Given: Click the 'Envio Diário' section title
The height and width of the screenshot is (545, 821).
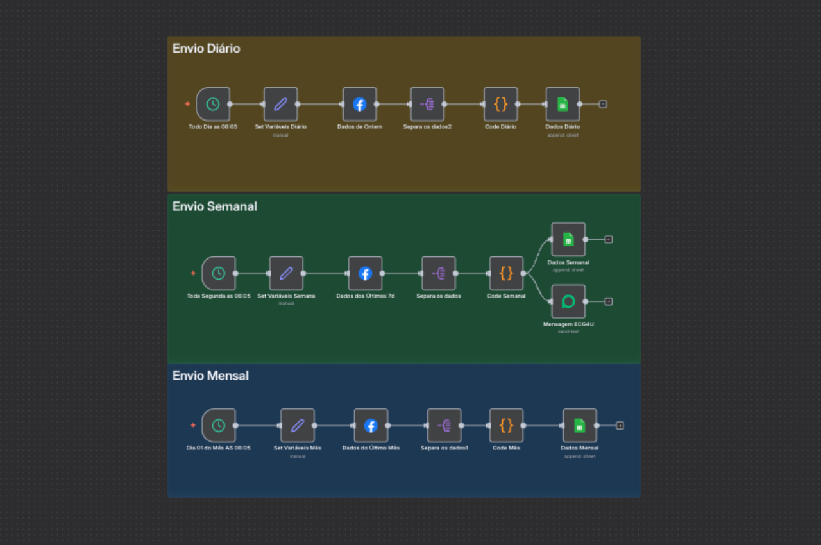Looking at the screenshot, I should pos(206,48).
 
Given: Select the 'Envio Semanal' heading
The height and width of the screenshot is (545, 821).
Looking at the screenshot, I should pos(214,206).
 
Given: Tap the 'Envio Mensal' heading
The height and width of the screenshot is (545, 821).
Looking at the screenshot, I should pos(210,376).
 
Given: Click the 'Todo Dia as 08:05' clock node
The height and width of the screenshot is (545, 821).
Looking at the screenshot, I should pos(213,104).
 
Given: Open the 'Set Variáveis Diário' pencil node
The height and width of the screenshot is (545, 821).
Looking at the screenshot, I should pos(281,104).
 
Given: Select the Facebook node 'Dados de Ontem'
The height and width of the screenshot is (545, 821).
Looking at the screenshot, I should pos(359,104).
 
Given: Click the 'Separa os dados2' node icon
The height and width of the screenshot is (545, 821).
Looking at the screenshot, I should pos(427,104).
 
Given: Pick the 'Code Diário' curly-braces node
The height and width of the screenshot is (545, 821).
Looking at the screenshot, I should pos(500,104).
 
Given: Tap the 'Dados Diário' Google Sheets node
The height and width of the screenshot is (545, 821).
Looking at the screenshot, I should pos(563,104).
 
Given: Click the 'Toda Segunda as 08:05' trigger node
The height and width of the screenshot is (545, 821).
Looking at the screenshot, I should pos(219,273).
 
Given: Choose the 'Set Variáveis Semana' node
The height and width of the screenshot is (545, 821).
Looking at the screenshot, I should pos(286,273).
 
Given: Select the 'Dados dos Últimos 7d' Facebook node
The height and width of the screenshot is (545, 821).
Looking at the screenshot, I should pos(365,273).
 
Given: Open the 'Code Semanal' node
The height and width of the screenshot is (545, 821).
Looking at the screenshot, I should pos(506,273).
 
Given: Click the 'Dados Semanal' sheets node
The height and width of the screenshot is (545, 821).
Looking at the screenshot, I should pos(568,239).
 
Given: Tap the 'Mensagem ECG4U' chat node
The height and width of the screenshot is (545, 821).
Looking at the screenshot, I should pos(568,301).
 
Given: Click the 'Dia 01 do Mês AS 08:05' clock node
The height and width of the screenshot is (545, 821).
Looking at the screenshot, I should pos(219,425).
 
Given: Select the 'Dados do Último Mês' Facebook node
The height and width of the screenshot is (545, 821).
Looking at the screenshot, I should pos(371,425).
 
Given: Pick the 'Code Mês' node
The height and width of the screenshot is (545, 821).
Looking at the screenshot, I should pos(506,425).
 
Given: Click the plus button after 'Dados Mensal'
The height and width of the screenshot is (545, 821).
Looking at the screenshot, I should pos(620,425).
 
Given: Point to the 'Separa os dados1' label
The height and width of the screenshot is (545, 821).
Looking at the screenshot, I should pos(444,448).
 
